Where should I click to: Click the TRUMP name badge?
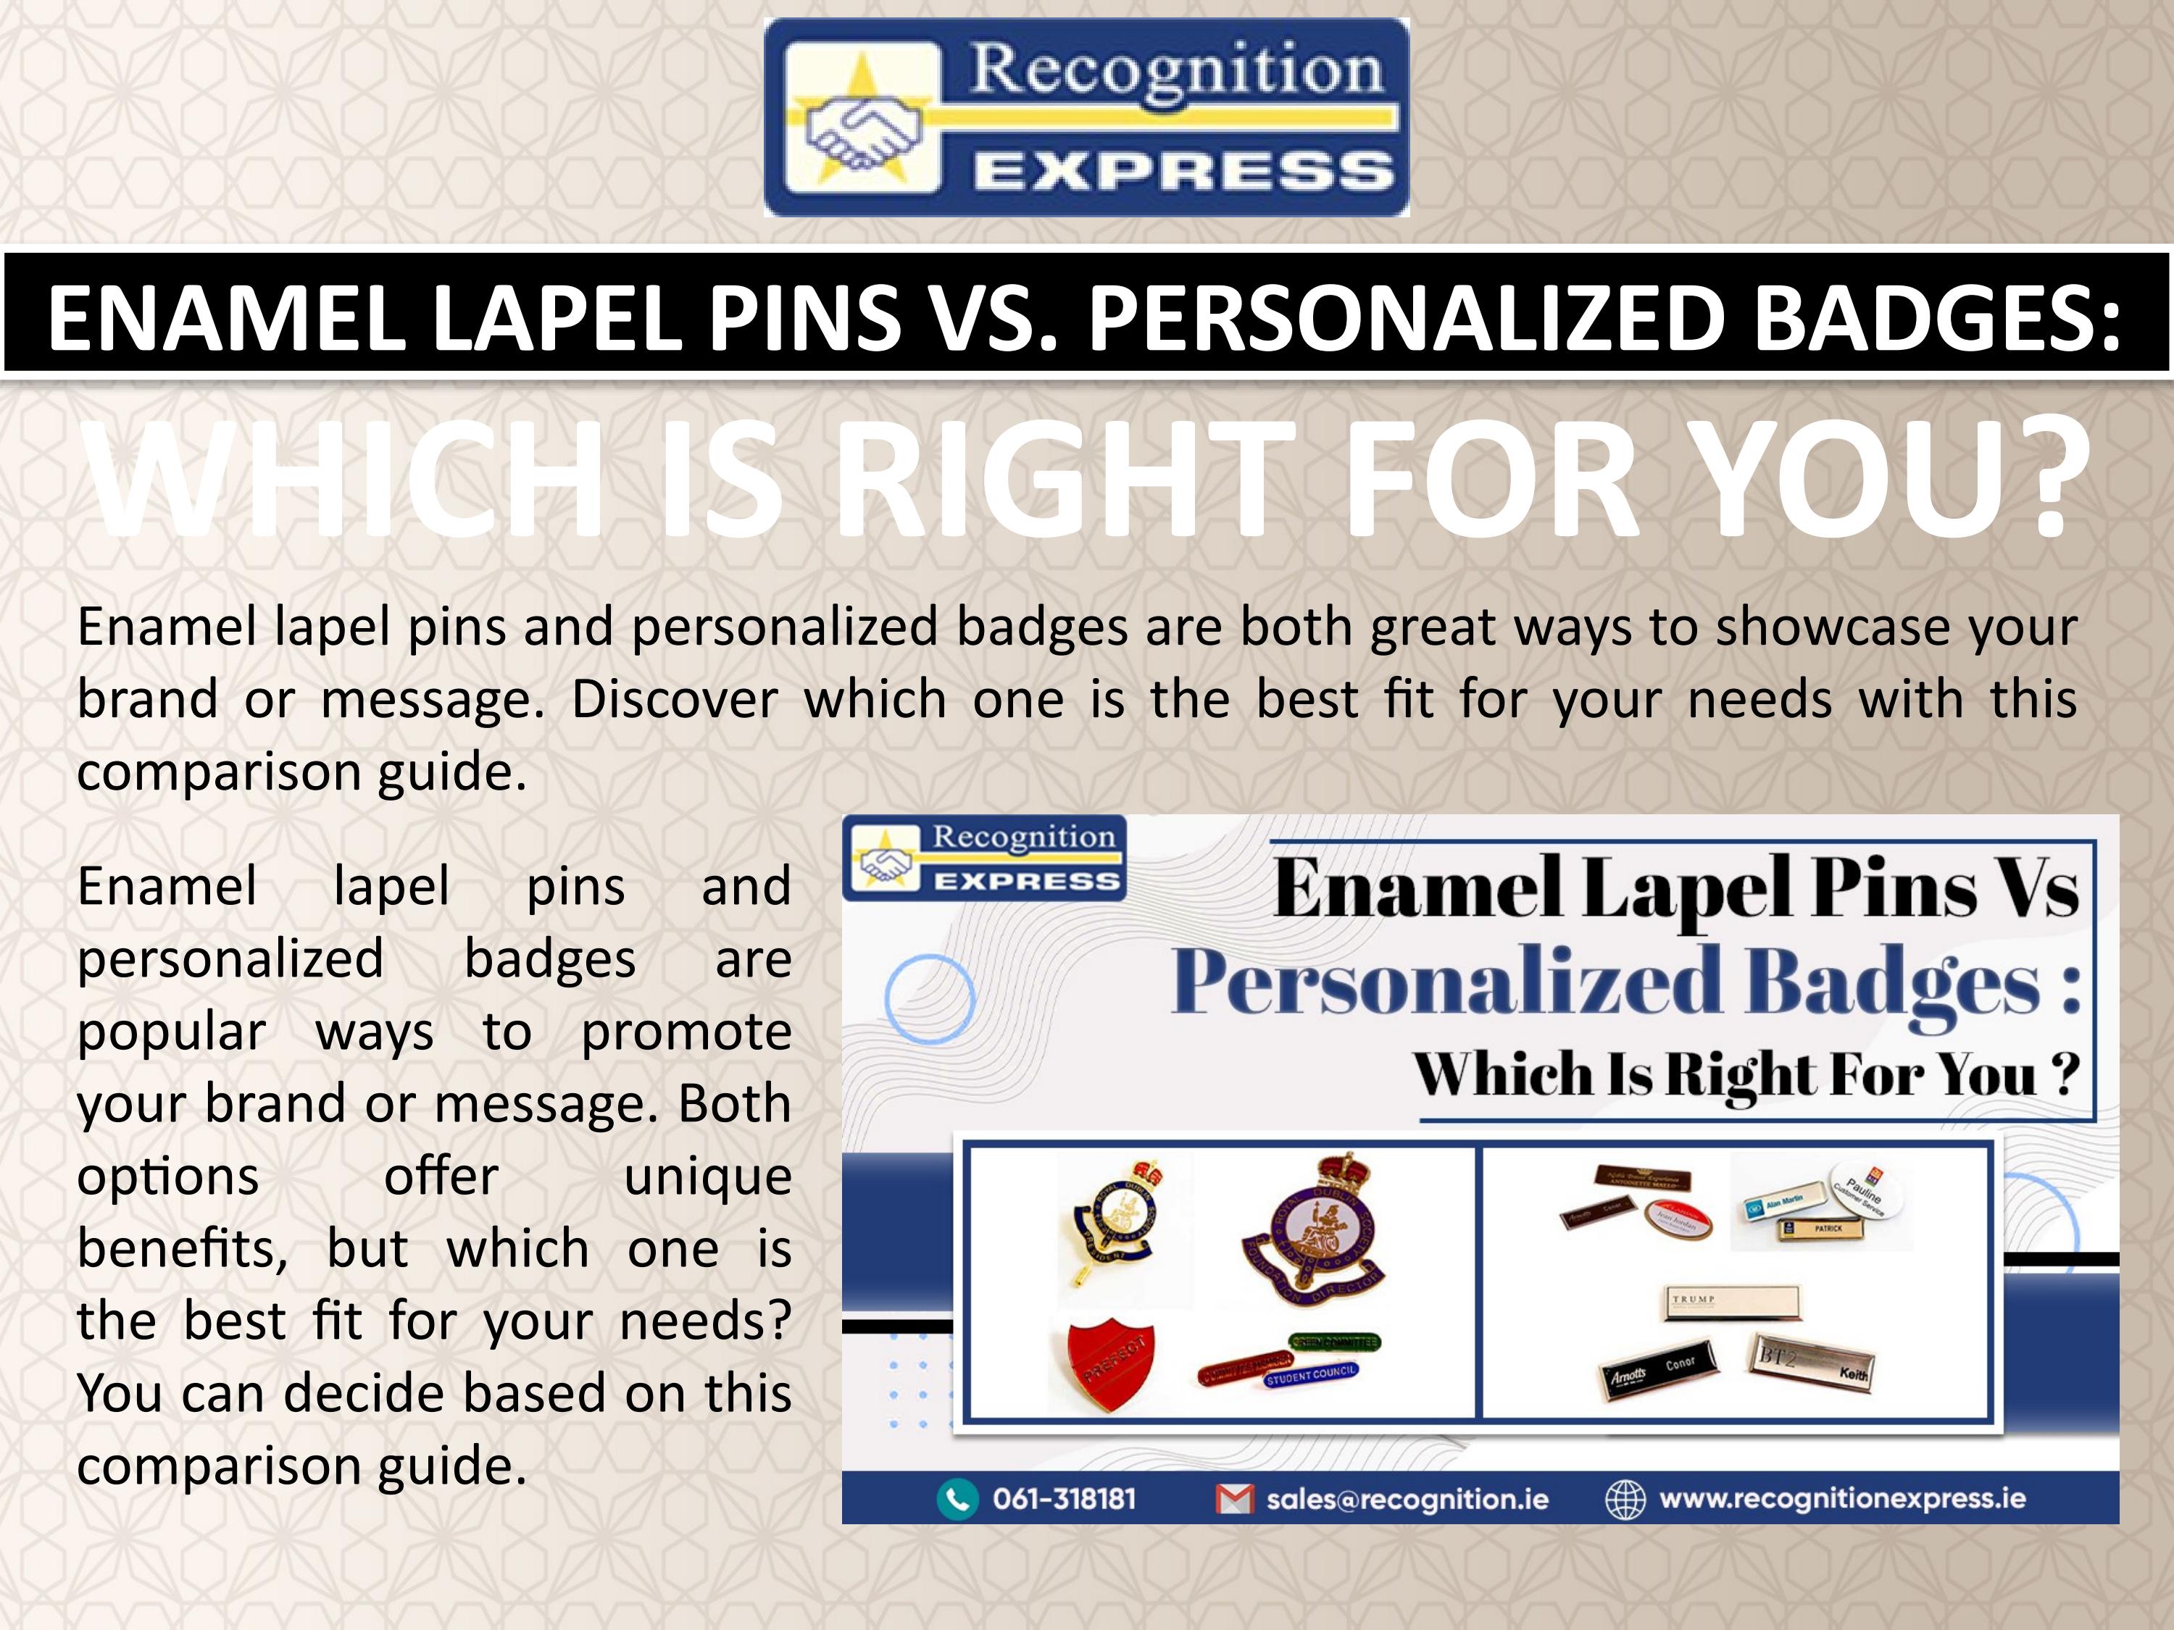(1733, 1301)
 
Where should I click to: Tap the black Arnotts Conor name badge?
(1659, 1368)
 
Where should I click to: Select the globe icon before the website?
(1625, 1500)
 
